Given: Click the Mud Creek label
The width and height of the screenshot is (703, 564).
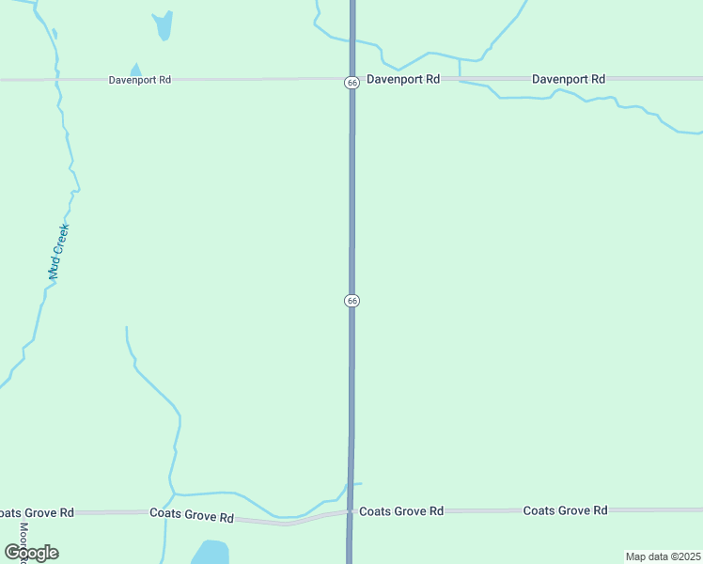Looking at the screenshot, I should (59, 252).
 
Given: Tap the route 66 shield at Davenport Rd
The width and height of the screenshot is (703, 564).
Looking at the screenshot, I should (351, 83).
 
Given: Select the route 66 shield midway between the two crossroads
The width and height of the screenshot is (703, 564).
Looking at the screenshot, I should (351, 300).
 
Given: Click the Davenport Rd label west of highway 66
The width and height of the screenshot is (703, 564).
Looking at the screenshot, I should (139, 81).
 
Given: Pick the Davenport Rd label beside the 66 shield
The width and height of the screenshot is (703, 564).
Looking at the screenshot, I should (403, 80).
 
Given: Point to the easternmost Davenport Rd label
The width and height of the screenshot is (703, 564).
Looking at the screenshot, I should (568, 80).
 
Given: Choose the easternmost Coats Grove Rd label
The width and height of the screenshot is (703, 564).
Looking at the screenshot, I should (565, 510).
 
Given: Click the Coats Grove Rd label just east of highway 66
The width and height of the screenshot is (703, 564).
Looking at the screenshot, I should (401, 511).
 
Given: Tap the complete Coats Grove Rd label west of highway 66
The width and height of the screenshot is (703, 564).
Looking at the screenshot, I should (192, 517).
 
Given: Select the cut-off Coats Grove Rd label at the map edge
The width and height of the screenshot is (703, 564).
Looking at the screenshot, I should (37, 513).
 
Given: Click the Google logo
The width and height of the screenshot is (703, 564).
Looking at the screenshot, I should (32, 553).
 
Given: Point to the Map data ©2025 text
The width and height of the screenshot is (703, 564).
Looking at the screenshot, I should (662, 556).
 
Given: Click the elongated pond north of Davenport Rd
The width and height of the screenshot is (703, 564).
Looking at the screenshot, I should (164, 25).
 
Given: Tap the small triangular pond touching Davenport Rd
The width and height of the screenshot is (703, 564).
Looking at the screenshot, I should (135, 70).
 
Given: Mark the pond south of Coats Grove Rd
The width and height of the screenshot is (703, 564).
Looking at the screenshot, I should (210, 552).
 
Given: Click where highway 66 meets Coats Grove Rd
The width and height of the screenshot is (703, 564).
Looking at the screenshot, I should (350, 512).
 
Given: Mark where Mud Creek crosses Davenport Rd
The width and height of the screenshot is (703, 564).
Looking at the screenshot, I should (58, 81).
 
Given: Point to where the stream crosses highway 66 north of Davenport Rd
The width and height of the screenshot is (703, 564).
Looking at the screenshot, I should (352, 39).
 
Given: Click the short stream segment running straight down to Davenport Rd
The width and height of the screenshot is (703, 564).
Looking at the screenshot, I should (459, 68).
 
